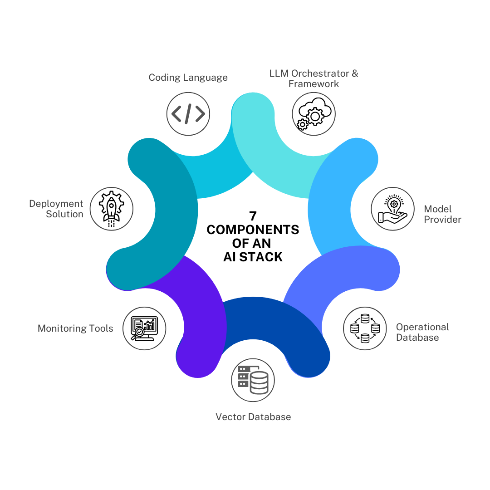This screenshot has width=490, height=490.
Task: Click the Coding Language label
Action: pos(188,78)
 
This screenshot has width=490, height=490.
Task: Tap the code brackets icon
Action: pos(188,113)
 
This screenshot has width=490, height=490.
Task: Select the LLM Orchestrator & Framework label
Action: pos(314,78)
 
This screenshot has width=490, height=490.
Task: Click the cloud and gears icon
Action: pos(314,113)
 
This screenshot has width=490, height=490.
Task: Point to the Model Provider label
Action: pos(442,214)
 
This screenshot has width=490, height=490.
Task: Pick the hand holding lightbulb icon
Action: pos(393,209)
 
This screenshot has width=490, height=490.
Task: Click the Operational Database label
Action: pos(422,332)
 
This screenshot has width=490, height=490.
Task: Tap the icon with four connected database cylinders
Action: pos(365,328)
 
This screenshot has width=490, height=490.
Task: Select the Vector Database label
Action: pos(253,416)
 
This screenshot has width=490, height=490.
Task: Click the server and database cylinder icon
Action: pos(253,380)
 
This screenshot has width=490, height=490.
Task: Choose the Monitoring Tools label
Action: pos(75,328)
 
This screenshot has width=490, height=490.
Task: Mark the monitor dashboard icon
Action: pos(144,328)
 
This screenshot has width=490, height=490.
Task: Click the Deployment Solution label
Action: pos(56,209)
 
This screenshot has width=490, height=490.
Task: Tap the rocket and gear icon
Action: pos(111,209)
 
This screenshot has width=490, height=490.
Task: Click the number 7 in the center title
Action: pos(253,216)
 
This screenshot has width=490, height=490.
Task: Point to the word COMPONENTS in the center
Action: pos(253,230)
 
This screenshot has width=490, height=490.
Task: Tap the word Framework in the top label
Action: pos(314,84)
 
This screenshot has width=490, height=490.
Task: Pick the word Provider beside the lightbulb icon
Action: pos(442,220)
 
